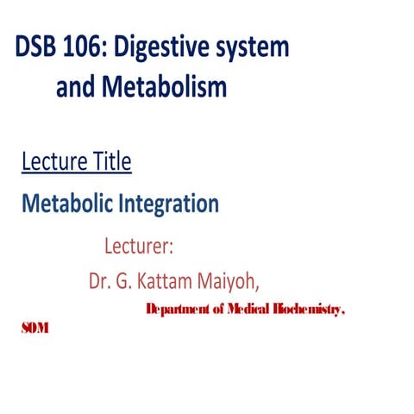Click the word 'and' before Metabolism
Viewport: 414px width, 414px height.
(77, 87)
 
